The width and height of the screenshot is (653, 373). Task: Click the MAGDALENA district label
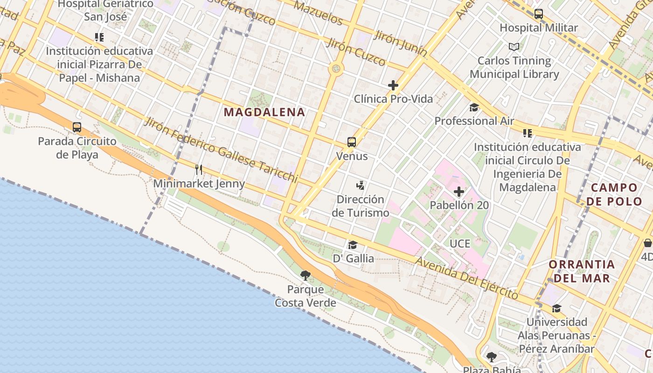264,112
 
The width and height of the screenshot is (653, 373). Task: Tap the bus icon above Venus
352,142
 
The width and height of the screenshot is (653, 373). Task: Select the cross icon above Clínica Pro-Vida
393,85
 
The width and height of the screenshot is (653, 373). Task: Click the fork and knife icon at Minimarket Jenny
199,169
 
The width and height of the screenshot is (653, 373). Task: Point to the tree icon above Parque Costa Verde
306,275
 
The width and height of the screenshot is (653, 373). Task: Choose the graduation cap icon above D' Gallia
353,245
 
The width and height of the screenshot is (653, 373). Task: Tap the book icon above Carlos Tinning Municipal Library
514,47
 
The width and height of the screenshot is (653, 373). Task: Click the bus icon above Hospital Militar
539,14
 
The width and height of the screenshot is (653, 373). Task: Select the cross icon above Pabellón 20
459,192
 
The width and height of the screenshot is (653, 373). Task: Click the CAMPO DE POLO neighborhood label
614,194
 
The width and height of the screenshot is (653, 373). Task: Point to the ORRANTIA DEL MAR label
582,271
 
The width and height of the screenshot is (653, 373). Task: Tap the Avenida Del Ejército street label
466,278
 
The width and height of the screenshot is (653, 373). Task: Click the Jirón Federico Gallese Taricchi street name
221,149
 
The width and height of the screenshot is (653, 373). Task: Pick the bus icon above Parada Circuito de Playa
77,127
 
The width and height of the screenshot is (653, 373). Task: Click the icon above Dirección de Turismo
360,186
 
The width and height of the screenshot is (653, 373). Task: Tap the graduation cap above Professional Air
474,107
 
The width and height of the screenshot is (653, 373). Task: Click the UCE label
460,243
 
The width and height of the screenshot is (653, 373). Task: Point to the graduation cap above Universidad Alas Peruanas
556,308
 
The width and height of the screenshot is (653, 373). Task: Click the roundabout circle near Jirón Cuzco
336,69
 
